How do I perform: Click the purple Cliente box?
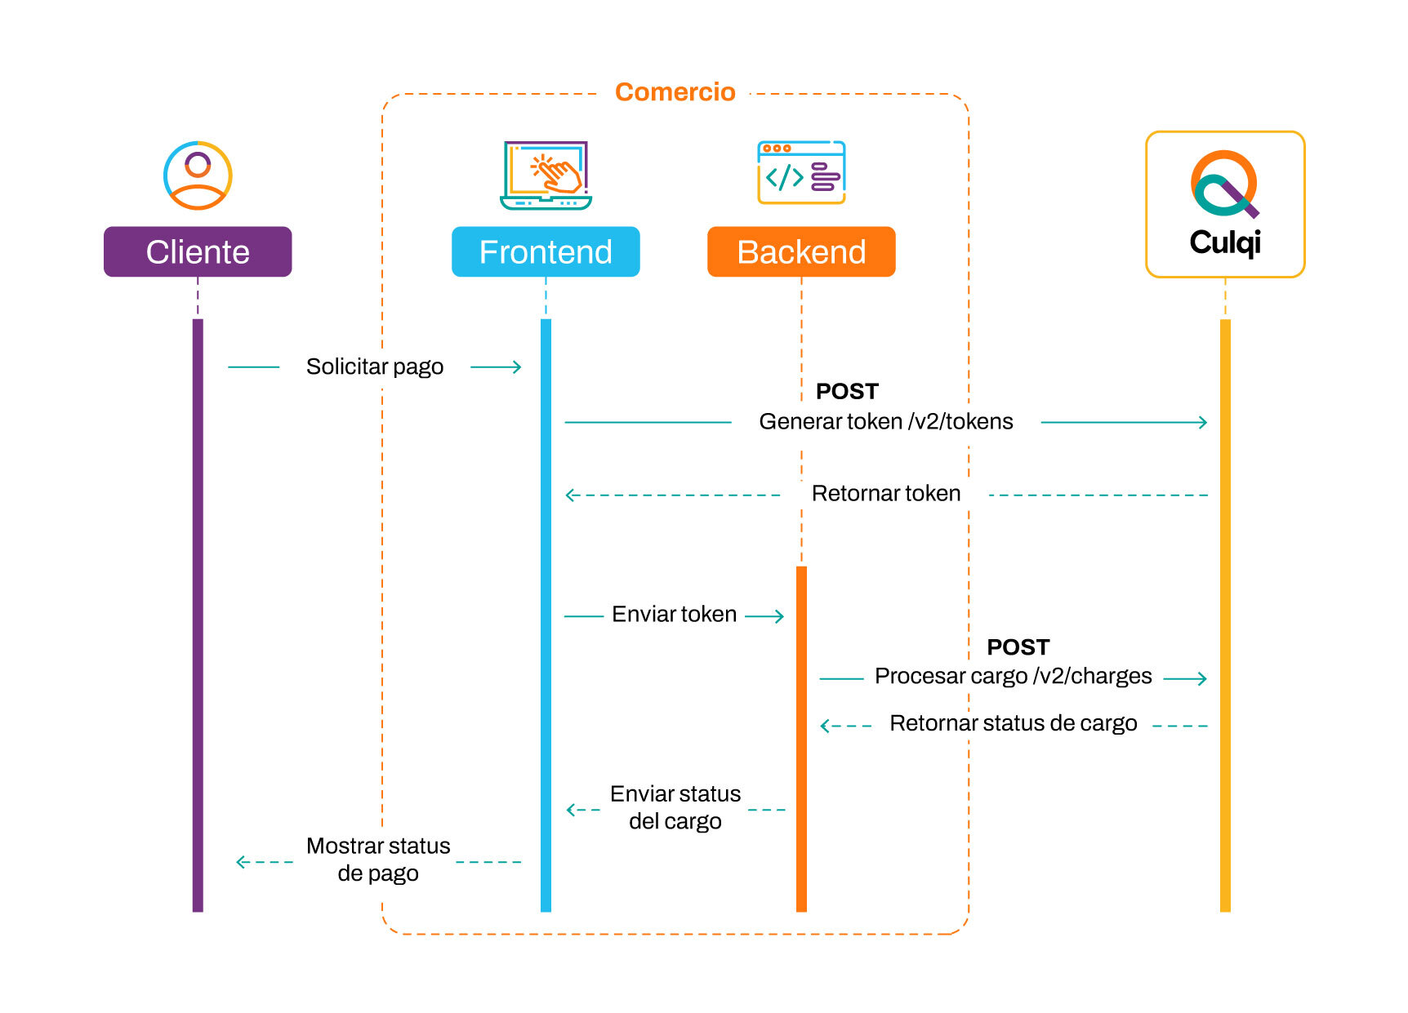click(198, 251)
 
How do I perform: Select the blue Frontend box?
click(546, 251)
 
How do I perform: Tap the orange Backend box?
click(801, 251)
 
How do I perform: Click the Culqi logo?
click(1224, 204)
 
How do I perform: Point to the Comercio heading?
click(675, 92)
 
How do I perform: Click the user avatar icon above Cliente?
click(198, 175)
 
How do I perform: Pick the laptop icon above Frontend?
click(546, 175)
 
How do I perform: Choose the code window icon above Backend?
click(801, 172)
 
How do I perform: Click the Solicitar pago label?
click(375, 367)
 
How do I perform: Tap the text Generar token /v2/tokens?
click(886, 421)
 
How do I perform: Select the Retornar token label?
click(886, 493)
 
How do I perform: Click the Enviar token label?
click(675, 614)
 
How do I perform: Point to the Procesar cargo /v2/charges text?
click(1013, 676)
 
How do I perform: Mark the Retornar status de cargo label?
click(1013, 723)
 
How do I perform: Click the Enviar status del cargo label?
click(675, 807)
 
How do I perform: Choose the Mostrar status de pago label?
click(378, 859)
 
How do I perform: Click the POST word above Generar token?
click(847, 392)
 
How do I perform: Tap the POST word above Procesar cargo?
click(1018, 647)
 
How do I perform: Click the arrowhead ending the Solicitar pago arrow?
click(517, 367)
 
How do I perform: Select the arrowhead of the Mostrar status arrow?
click(241, 862)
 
